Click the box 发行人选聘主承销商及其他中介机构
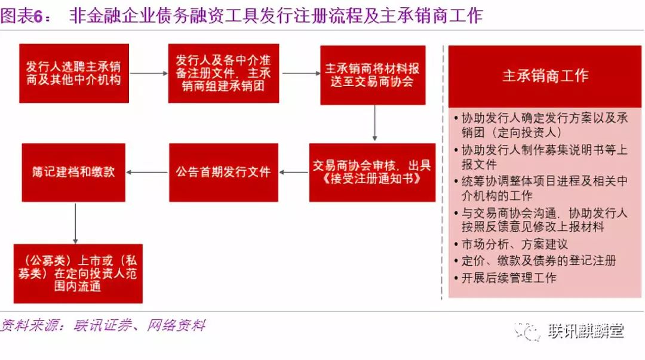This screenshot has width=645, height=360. click(x=74, y=73)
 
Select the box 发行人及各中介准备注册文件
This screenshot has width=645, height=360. click(x=223, y=73)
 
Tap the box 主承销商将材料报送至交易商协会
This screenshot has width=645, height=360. click(x=373, y=75)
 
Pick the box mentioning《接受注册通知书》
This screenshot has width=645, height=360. click(x=372, y=173)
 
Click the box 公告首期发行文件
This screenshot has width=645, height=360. click(x=223, y=173)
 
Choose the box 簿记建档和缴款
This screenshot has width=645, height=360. click(x=73, y=173)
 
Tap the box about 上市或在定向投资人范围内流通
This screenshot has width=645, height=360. click(x=78, y=273)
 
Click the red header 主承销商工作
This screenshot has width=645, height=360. click(x=545, y=76)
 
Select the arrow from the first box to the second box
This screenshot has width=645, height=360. click(x=149, y=73)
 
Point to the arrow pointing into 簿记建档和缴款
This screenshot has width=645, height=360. click(x=147, y=173)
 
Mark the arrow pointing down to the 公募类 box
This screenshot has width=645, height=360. click(x=75, y=223)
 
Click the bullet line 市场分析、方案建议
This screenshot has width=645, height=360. click(x=511, y=244)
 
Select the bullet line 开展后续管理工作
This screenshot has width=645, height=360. click(x=505, y=278)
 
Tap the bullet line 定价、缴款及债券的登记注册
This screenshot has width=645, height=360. click(x=535, y=261)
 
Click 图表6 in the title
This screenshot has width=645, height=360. click(x=21, y=16)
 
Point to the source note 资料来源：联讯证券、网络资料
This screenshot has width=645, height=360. click(x=103, y=325)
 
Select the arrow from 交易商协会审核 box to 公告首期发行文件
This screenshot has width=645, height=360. click(x=294, y=173)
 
